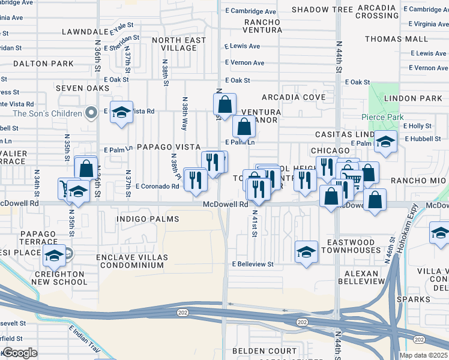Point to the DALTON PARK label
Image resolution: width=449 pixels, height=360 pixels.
pyautogui.click(x=35, y=63)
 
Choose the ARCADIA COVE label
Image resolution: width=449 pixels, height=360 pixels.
pyautogui.click(x=294, y=98)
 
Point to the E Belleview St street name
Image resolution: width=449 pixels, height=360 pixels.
pyautogui.click(x=253, y=264)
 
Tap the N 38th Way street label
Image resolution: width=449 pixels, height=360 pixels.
pyautogui.click(x=185, y=114)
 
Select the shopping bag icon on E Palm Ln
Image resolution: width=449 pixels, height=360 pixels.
pyautogui.click(x=244, y=127)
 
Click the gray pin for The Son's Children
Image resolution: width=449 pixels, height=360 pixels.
pyautogui.click(x=91, y=112)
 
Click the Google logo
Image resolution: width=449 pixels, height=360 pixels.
pyautogui.click(x=20, y=353)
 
